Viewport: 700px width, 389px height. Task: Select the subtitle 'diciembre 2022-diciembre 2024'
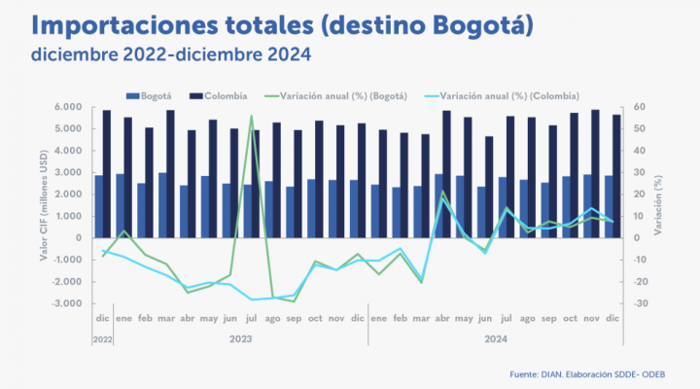(171, 54)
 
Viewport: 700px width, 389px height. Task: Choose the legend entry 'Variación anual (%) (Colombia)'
(504, 96)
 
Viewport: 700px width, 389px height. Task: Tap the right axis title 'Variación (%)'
(659, 205)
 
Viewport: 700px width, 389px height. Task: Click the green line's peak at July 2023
(251, 116)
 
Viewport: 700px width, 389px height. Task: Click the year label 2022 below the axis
(102, 339)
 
